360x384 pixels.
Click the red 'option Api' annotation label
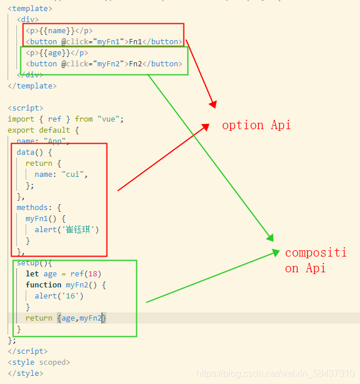point(256,125)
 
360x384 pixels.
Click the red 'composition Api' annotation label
point(315,260)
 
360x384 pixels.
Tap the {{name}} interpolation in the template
point(57,31)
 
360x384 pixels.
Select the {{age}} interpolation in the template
point(55,53)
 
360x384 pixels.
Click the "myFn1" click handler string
point(110,42)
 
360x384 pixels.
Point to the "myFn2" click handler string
point(110,64)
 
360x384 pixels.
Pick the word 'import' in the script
point(20,119)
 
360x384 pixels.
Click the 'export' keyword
point(20,130)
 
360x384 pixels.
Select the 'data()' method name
point(26,152)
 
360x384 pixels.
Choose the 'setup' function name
point(28,263)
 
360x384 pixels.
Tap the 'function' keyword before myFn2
point(43,285)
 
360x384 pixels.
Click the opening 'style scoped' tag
point(38,362)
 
